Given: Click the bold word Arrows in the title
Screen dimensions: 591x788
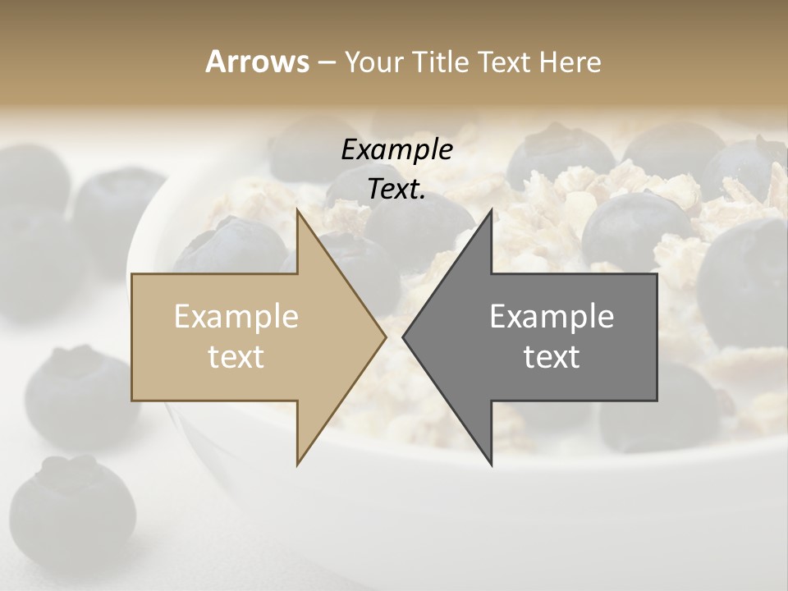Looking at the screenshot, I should [257, 62].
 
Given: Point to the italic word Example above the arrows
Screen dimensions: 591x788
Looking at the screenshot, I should [396, 150].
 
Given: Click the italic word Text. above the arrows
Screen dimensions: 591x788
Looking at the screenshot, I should [396, 189].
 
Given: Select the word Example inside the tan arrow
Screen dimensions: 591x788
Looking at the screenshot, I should [236, 317].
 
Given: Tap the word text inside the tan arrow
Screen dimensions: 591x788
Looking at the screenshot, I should [236, 357].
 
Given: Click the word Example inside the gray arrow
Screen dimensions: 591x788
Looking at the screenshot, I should [552, 317].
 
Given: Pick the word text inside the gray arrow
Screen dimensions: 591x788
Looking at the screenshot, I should [552, 357].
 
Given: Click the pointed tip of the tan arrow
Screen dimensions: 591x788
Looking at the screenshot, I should [386, 337].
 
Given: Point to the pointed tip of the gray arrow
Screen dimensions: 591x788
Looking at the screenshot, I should [403, 337].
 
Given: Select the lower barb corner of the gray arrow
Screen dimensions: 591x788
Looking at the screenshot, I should [492, 465].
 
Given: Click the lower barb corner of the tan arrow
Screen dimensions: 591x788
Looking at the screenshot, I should [297, 465].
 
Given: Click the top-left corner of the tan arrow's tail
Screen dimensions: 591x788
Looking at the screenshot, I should [132, 274].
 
